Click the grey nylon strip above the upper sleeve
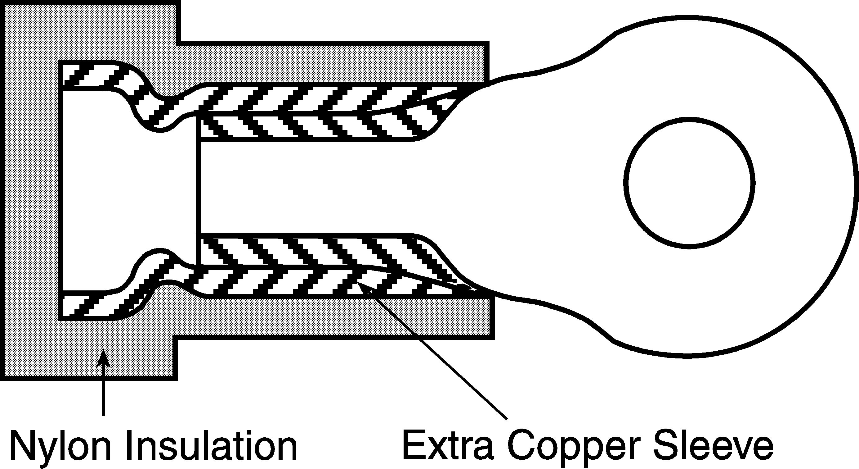tap(333, 63)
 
